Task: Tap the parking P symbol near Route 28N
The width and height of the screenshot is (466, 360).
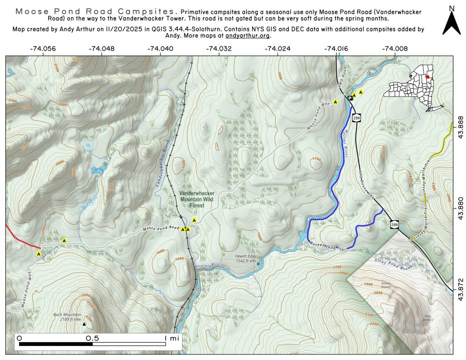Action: pyautogui.click(x=350, y=98)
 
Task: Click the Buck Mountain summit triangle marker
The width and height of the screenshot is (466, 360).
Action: pyautogui.click(x=84, y=324)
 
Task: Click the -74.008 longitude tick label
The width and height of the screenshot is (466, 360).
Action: pyautogui.click(x=395, y=48)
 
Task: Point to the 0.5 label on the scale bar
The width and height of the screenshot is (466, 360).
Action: pyautogui.click(x=93, y=338)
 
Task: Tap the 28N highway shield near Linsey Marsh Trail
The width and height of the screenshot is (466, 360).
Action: pyautogui.click(x=394, y=223)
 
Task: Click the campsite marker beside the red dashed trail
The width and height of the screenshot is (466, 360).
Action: pyautogui.click(x=39, y=254)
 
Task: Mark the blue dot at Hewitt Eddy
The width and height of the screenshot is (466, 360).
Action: pyautogui.click(x=258, y=264)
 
